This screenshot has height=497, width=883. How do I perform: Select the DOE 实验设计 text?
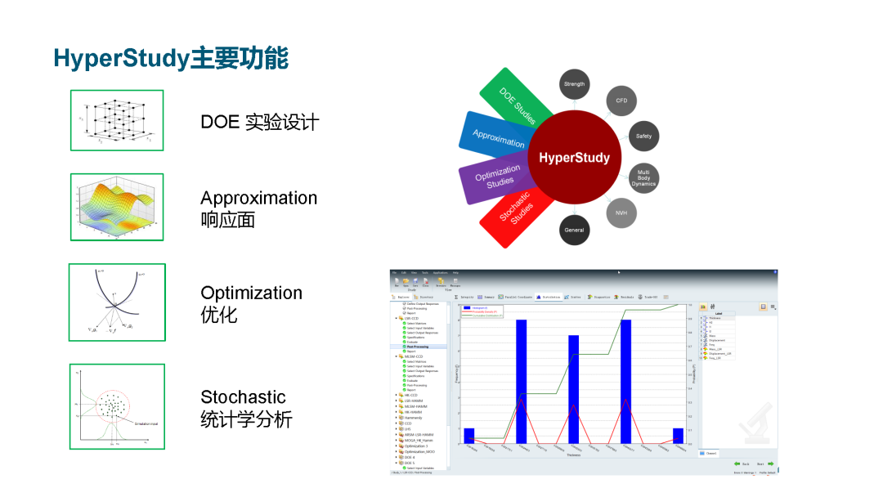click(x=259, y=122)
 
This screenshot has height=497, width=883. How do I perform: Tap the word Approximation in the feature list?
click(x=258, y=198)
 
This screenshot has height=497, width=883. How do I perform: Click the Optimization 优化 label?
click(x=251, y=302)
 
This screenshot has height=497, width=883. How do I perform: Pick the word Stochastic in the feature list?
click(x=243, y=397)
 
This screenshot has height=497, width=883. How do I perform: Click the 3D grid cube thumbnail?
click(x=117, y=120)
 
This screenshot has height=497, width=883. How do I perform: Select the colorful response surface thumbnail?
click(x=117, y=207)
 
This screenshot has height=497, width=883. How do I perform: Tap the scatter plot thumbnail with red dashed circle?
click(x=117, y=407)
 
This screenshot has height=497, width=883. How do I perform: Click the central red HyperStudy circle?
click(x=574, y=157)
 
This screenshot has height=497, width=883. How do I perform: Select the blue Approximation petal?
click(x=494, y=137)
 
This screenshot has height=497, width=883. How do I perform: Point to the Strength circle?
click(x=574, y=84)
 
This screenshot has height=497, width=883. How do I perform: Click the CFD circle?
click(x=621, y=101)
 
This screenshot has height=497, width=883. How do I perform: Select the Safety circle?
click(x=643, y=136)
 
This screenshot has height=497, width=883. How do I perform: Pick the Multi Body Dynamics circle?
click(x=643, y=178)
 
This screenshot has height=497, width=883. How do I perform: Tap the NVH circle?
click(x=621, y=213)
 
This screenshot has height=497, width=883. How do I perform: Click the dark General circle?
click(x=574, y=230)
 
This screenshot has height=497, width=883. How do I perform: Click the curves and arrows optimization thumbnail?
click(x=117, y=302)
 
